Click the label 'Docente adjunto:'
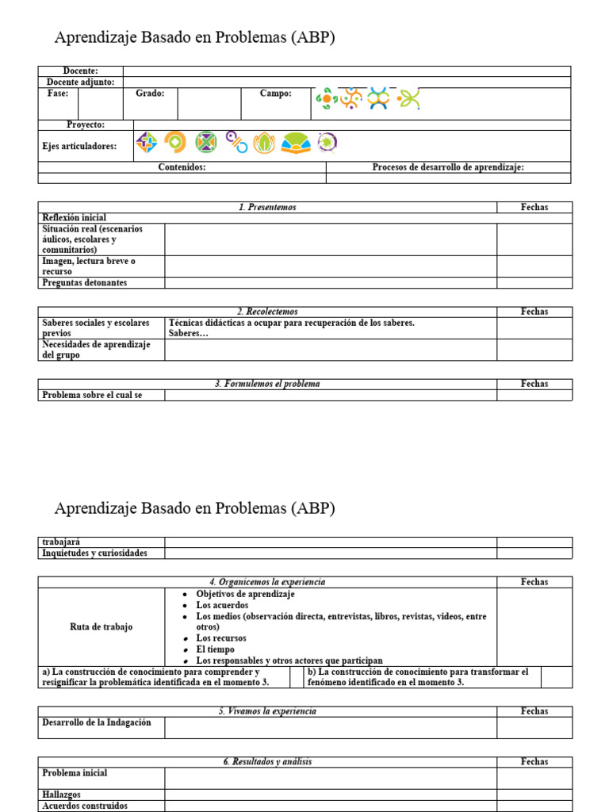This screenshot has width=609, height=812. tap(80, 82)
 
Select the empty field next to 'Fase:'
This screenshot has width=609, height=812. tap(100, 103)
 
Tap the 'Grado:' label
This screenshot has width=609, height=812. tap(150, 94)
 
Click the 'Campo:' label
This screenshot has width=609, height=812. tap(275, 94)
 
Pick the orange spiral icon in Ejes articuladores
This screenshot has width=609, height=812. tap(175, 143)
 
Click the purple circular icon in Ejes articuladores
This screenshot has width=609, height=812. tap(327, 143)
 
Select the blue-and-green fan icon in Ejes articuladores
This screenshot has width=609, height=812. tap(296, 144)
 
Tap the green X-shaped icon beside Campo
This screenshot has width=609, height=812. tap(408, 98)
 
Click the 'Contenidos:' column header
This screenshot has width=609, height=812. tap(182, 167)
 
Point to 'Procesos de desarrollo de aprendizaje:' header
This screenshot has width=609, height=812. tap(448, 167)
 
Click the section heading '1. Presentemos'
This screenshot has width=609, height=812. tap(267, 207)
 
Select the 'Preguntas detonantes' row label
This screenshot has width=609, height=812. tap(84, 282)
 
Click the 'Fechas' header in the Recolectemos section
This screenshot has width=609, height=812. tap(534, 312)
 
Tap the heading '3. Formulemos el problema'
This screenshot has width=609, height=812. tap(267, 384)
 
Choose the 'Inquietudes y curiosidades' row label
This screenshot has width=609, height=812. tap(94, 553)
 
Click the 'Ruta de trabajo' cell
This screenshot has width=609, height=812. tap(101, 627)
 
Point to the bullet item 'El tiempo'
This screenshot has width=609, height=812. tap(215, 649)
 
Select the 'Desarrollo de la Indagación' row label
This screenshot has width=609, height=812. tap(96, 722)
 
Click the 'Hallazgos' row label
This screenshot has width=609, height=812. tap(61, 795)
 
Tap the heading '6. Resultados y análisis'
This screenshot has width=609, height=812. tap(267, 761)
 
